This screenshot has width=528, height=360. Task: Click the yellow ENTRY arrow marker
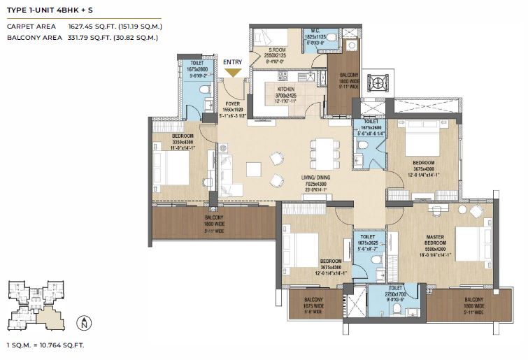(x=233, y=71)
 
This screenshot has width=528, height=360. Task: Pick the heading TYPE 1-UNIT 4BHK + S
(x=50, y=10)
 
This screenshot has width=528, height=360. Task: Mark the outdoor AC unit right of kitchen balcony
(x=378, y=82)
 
